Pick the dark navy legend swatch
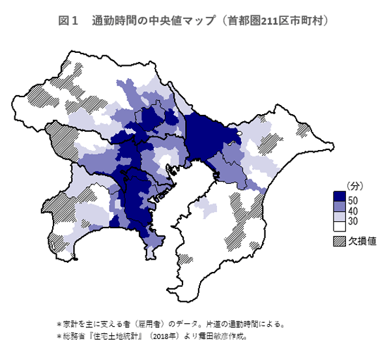click(339, 196)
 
